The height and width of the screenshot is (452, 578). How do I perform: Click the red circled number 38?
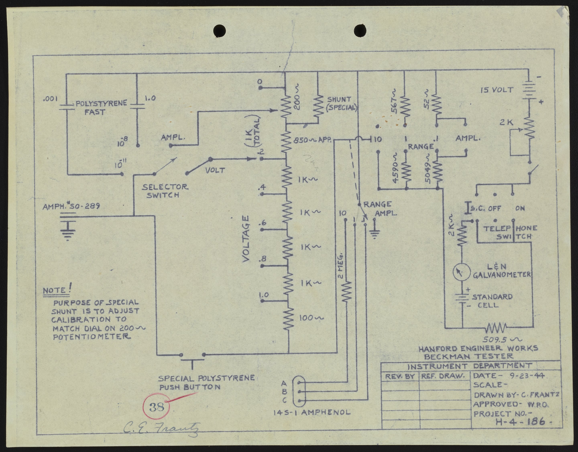(157, 407)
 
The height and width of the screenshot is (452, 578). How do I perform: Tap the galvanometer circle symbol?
(461, 273)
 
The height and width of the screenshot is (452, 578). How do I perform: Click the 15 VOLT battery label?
(497, 90)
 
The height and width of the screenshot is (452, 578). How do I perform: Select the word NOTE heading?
(55, 290)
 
